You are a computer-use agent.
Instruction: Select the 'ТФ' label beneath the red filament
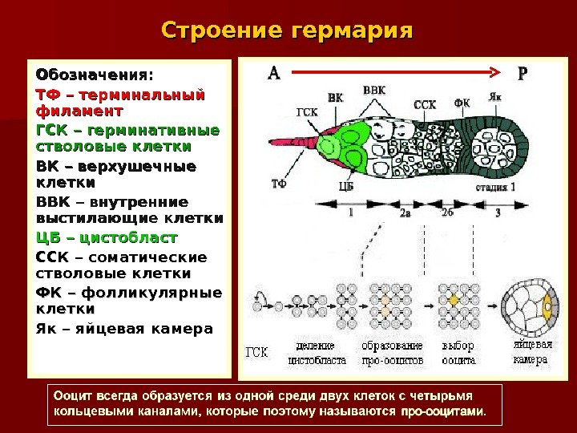pos(278,184)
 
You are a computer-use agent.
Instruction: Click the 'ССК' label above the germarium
pos(425,103)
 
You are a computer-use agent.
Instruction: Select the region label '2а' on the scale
pos(406,213)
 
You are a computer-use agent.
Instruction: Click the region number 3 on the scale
pos(498,213)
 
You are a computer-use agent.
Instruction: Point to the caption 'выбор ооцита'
pos(458,353)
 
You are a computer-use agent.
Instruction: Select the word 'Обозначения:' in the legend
pos(92,75)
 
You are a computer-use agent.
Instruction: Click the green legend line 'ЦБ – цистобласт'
pos(107,238)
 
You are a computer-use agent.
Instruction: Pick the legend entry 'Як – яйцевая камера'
pos(125,328)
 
